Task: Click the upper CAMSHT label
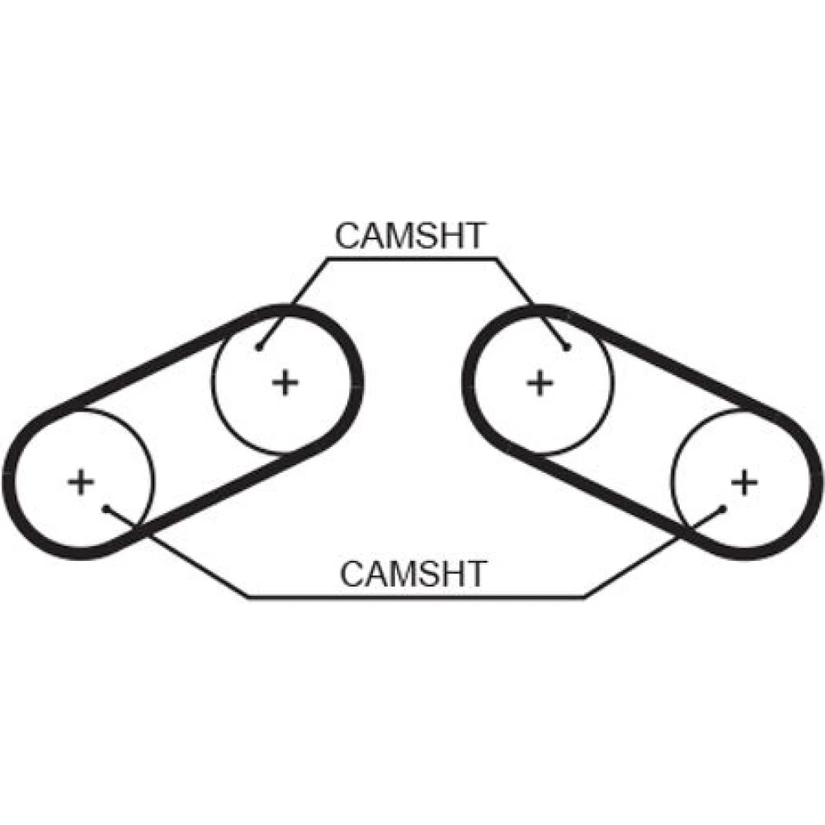(x=410, y=236)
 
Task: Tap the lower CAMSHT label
(x=413, y=573)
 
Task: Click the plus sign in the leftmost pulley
(x=81, y=481)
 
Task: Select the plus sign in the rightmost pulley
(x=744, y=481)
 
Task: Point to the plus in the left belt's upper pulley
(x=285, y=382)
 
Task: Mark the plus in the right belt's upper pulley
(x=540, y=382)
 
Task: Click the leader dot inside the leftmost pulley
(x=106, y=508)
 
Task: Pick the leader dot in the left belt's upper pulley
(x=259, y=347)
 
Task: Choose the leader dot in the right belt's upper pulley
(x=567, y=347)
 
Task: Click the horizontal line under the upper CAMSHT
(x=412, y=258)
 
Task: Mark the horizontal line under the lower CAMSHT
(x=412, y=596)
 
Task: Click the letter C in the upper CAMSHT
(x=346, y=236)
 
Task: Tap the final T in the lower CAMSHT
(x=476, y=573)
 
